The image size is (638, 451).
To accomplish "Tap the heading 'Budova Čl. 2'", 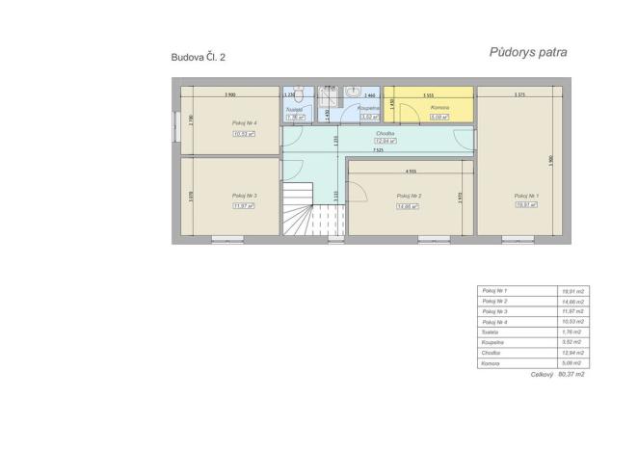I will [199, 58].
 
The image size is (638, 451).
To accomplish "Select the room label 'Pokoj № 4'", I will [244, 123].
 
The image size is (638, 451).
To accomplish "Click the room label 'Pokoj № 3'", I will [243, 196].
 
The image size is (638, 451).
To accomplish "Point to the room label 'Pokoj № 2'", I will [410, 196].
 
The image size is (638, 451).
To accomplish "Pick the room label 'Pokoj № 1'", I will [526, 196].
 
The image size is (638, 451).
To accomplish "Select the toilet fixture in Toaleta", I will [300, 94].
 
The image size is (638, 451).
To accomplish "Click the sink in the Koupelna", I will [352, 93].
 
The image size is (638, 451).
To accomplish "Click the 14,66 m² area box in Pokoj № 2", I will [410, 205].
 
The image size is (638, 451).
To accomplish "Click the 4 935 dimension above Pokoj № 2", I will [411, 171].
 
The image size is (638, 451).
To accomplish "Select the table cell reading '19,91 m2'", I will [573, 290].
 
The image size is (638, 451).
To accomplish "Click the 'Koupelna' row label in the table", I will [492, 342].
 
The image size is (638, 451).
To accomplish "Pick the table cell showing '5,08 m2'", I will [573, 363].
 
